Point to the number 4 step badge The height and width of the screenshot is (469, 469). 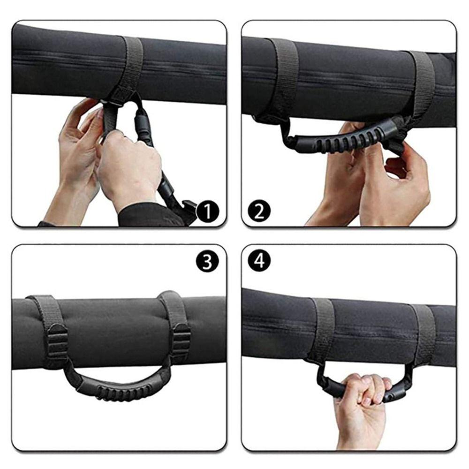(259, 261)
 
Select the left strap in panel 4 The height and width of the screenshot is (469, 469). (323, 331)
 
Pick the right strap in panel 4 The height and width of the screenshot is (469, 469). (422, 335)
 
